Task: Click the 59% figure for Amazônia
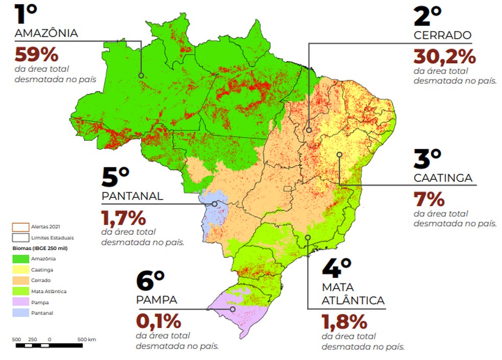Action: pyautogui.click(x=36, y=54)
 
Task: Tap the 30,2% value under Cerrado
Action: pyautogui.click(x=444, y=55)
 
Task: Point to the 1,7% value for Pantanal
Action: pyautogui.click(x=123, y=218)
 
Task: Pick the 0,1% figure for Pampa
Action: pyautogui.click(x=158, y=322)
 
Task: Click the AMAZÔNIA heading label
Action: pyautogui.click(x=46, y=34)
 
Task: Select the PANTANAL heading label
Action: pyautogui.click(x=132, y=196)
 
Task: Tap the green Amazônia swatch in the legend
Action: pyautogui.click(x=21, y=259)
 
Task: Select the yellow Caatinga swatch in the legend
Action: pyautogui.click(x=21, y=270)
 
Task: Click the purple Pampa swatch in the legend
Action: pyautogui.click(x=21, y=302)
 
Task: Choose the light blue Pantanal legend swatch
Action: pyautogui.click(x=21, y=313)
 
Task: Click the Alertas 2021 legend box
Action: pyautogui.click(x=21, y=227)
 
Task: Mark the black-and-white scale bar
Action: pyautogui.click(x=49, y=346)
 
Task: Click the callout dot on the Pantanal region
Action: pyautogui.click(x=214, y=204)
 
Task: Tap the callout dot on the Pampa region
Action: pyautogui.click(x=233, y=309)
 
